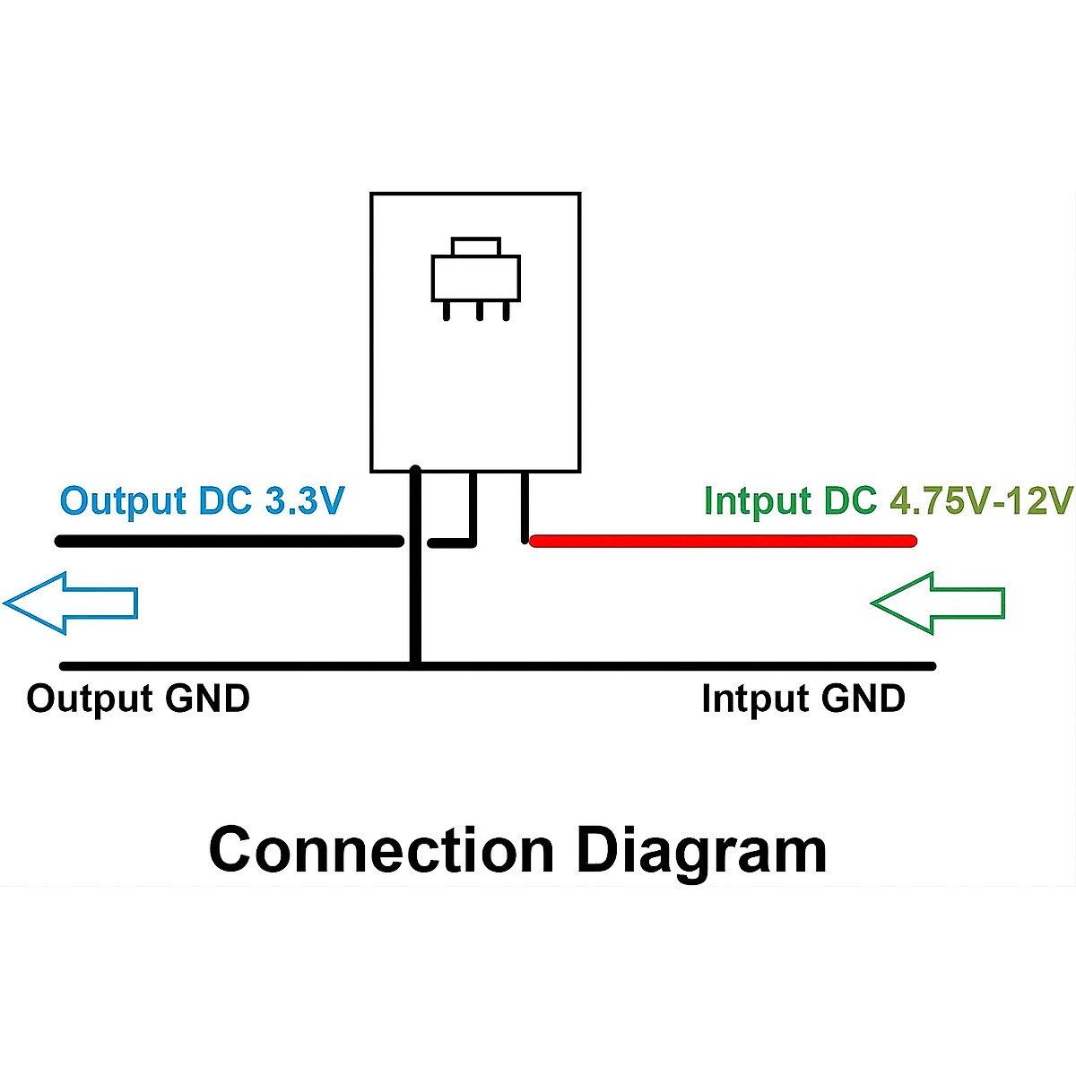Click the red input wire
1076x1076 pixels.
(723, 541)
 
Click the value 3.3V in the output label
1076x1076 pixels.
(305, 501)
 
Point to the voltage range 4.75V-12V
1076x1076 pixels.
(981, 501)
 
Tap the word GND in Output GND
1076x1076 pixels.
(207, 699)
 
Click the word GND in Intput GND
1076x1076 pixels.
(863, 699)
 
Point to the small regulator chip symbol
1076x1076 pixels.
(476, 278)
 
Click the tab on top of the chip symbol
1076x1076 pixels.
(476, 247)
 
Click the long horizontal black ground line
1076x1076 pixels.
(672, 666)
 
